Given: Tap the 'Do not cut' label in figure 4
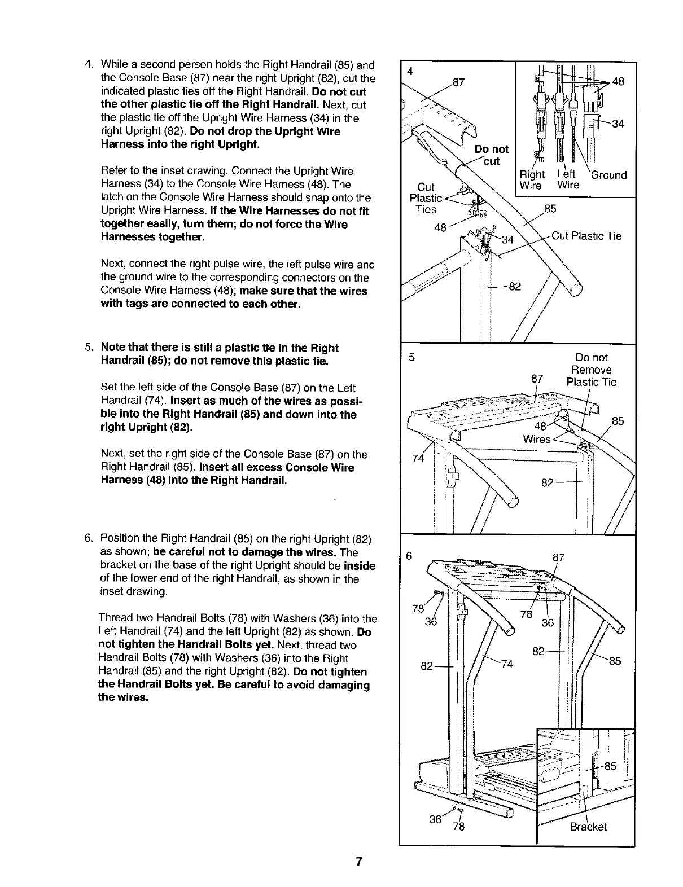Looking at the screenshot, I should (491, 155).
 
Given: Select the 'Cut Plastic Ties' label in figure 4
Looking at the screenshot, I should (426, 198).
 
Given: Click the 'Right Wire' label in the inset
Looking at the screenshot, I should (532, 180).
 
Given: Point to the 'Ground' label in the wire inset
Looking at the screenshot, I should (608, 175).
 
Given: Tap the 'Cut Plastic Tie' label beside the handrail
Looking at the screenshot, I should (586, 236).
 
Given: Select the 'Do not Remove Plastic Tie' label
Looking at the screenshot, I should (592, 370).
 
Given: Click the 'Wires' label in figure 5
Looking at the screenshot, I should (536, 439).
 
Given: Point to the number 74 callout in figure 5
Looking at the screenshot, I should (418, 459).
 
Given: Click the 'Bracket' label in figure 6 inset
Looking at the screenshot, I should (588, 827).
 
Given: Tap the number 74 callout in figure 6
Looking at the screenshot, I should (507, 664).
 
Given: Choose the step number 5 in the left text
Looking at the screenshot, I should (88, 348).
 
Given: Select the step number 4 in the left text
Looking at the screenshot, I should (88, 65).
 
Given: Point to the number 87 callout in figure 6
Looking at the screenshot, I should (558, 557).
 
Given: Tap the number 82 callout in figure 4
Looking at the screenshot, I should (514, 287).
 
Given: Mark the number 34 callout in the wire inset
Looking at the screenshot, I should (618, 124).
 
